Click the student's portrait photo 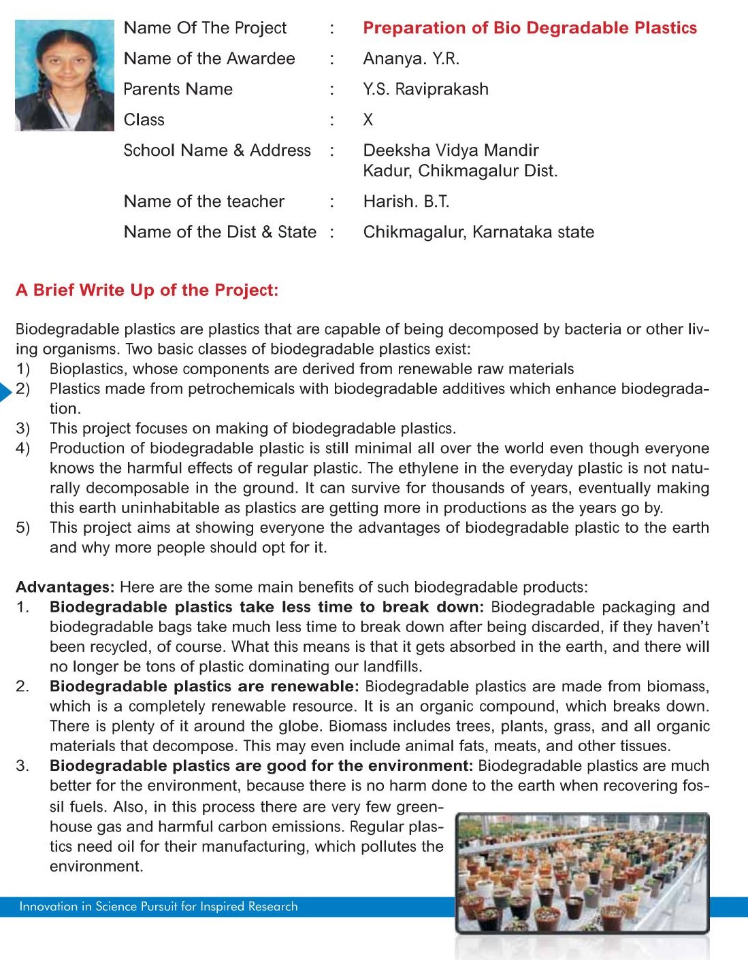click(65, 76)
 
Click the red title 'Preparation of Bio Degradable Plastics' click(530, 28)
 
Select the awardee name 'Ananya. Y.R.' click(411, 59)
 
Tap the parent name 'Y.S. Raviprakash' click(425, 89)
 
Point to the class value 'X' click(368, 120)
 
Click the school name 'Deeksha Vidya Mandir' click(451, 150)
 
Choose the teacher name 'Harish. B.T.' click(406, 201)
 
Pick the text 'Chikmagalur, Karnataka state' click(478, 232)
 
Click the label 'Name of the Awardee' click(209, 59)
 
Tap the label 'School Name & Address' click(217, 150)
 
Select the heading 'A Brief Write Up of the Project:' click(147, 291)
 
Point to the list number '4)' click(23, 448)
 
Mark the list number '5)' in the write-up click(23, 528)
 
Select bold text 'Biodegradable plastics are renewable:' click(204, 686)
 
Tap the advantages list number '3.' click(22, 766)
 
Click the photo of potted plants click(583, 872)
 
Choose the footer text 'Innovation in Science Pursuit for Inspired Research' click(159, 906)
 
